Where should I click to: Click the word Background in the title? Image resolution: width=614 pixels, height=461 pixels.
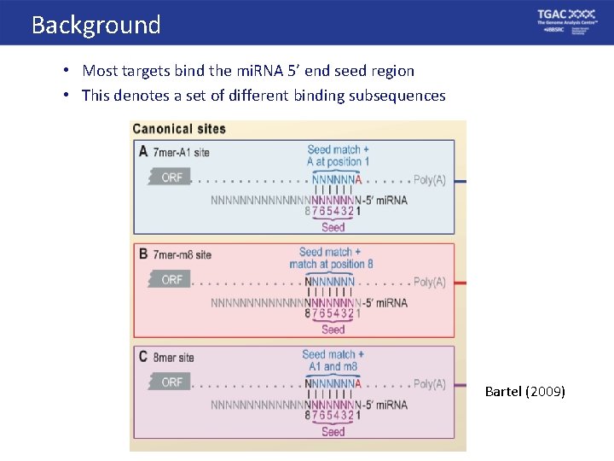96,25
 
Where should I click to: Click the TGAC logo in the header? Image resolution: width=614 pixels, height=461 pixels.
566,21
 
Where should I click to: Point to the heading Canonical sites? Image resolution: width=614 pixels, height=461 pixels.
179,129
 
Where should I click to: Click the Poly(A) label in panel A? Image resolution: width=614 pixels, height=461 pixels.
429,180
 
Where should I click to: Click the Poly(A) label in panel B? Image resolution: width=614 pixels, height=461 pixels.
429,282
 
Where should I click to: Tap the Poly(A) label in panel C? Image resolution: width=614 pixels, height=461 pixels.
429,384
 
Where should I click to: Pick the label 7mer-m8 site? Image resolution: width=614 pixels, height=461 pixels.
182,254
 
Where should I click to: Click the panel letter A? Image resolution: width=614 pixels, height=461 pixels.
142,152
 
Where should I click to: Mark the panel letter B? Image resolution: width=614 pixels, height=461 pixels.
142,254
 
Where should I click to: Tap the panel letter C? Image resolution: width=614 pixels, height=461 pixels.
142,357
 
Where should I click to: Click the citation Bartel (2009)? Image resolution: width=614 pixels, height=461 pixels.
524,392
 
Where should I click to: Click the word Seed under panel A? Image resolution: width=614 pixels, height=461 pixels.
333,227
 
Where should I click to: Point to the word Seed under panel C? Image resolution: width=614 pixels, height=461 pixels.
333,431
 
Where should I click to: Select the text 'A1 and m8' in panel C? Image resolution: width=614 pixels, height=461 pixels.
333,367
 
